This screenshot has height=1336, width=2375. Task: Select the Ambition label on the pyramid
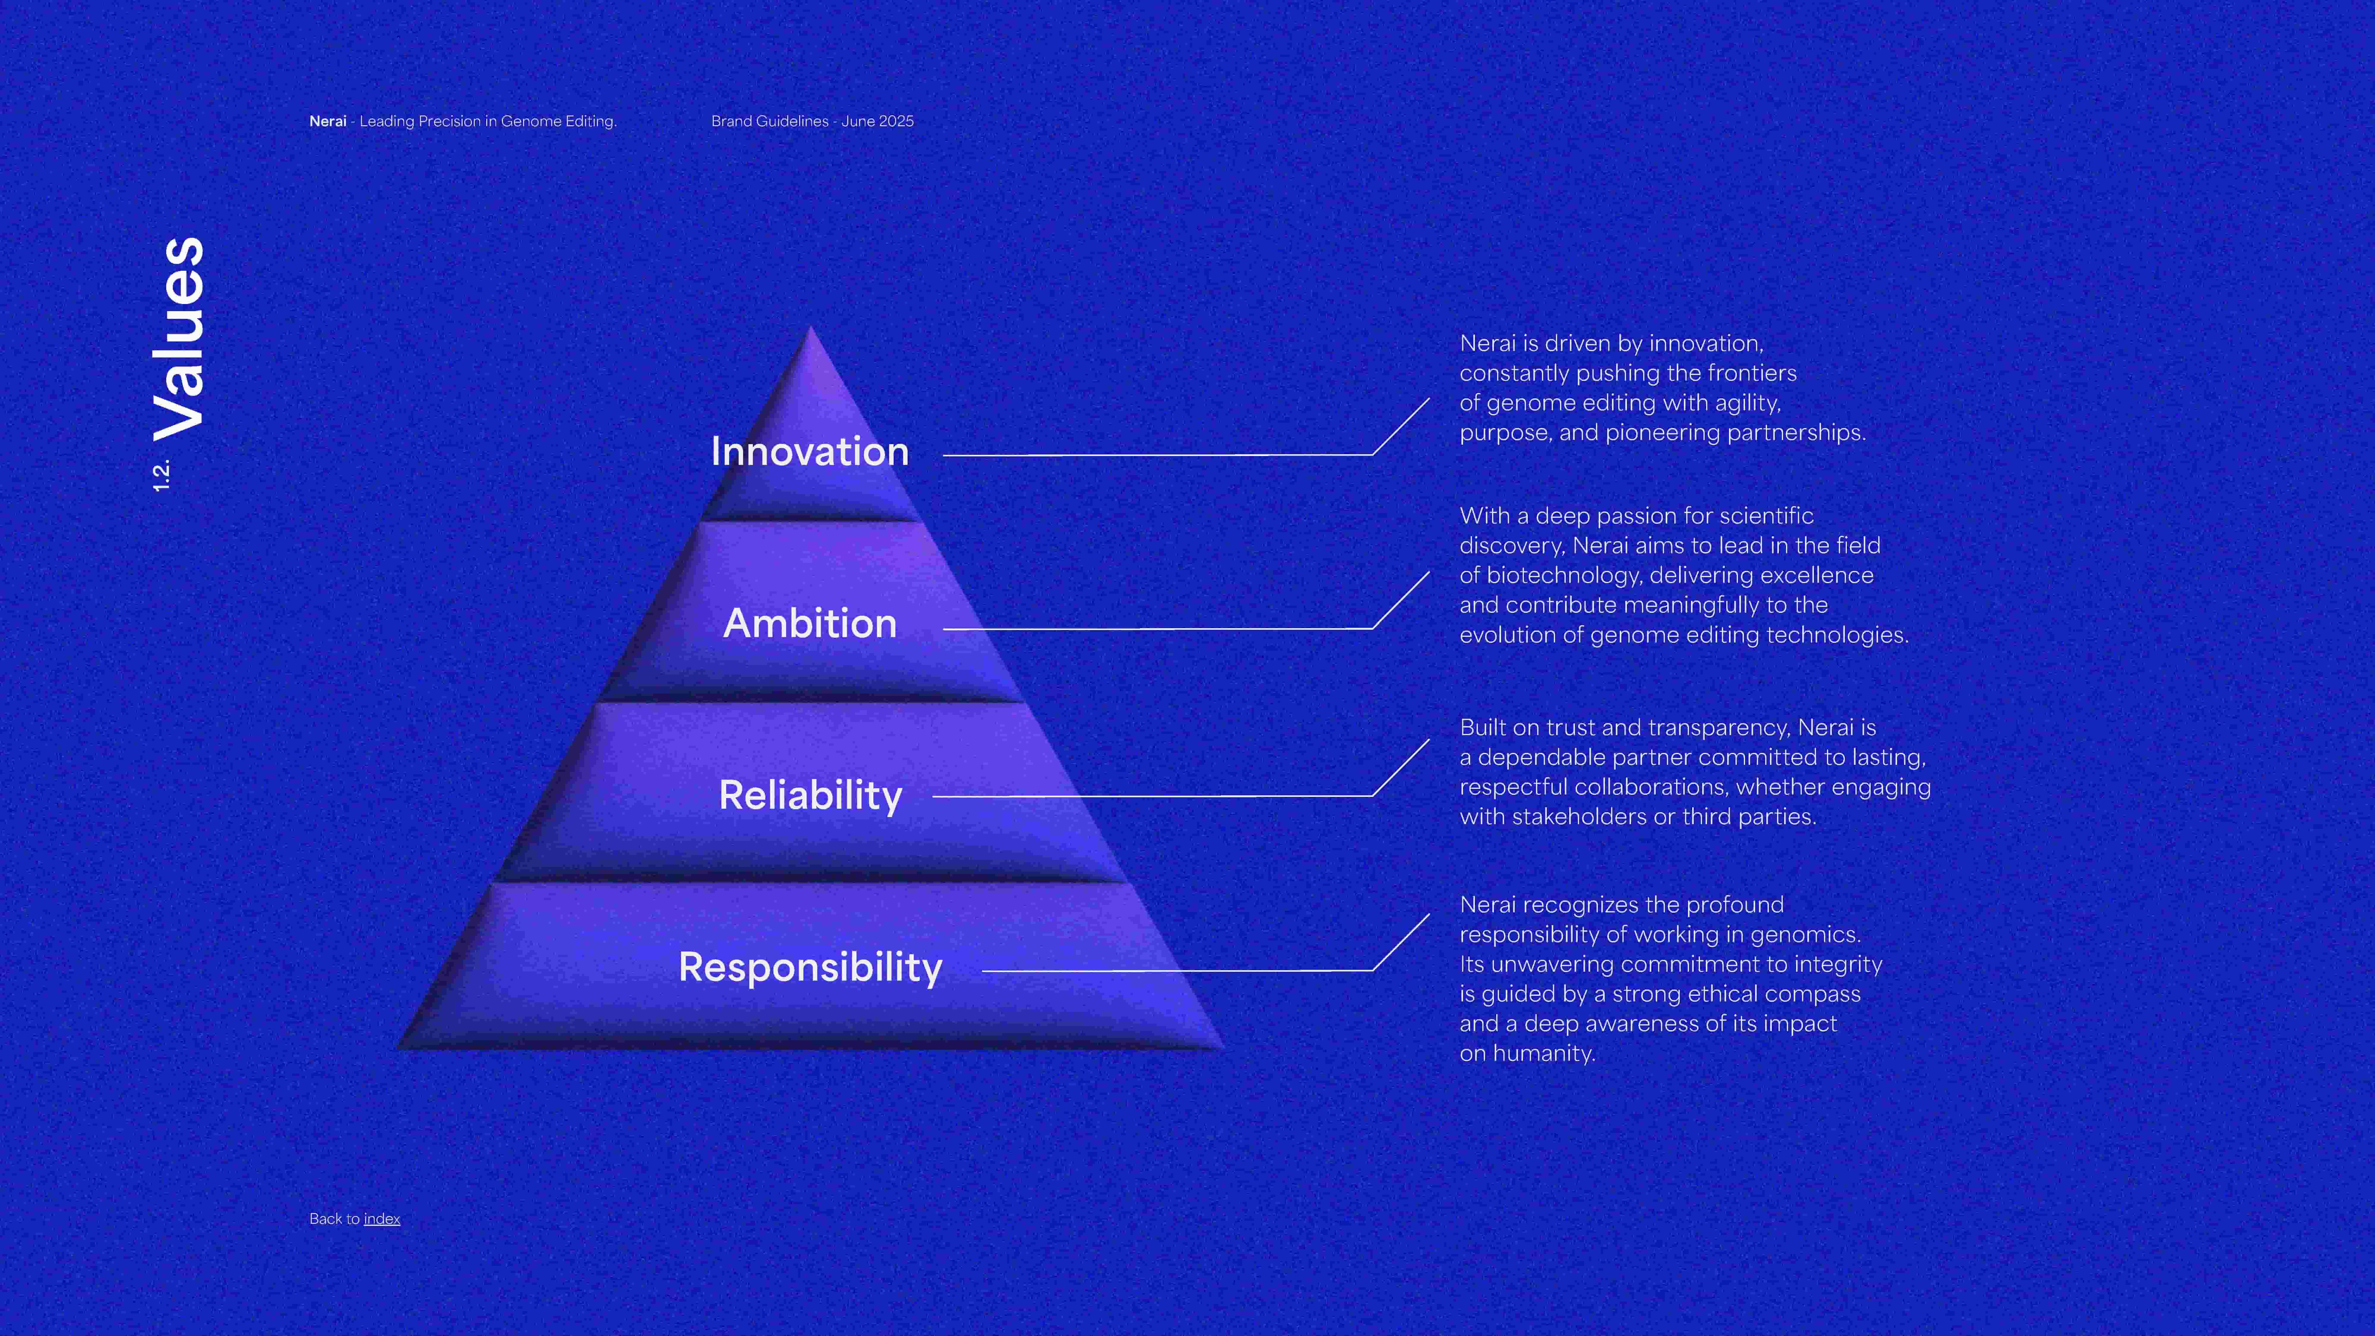pyautogui.click(x=810, y=623)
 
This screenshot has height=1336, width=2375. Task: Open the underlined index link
pyautogui.click(x=382, y=1219)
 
